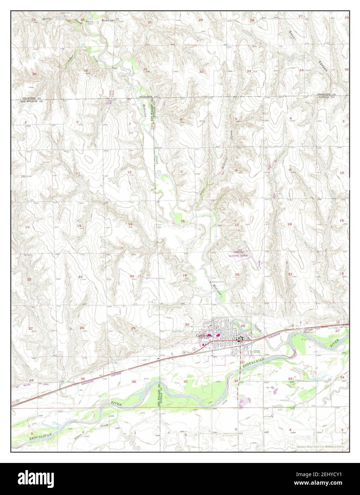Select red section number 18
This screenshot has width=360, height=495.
click(182, 221)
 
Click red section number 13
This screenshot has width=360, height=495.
click(130, 224)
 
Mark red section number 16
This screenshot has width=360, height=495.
click(290, 224)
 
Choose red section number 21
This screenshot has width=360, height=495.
click(290, 274)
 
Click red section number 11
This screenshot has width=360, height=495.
click(78, 173)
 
